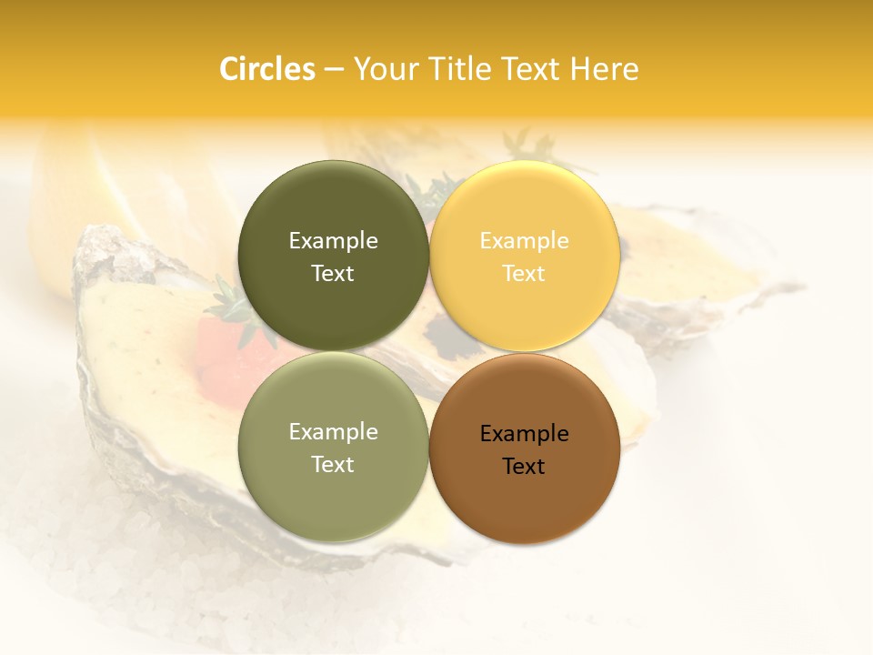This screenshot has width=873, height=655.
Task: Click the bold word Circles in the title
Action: pyautogui.click(x=266, y=69)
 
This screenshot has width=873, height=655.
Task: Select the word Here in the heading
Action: pyautogui.click(x=604, y=69)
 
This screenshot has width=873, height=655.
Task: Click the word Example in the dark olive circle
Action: pyautogui.click(x=333, y=240)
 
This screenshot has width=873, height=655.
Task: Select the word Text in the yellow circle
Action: pyautogui.click(x=524, y=273)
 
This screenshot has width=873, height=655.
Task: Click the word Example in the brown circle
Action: pyautogui.click(x=524, y=433)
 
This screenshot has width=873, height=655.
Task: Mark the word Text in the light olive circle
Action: pyautogui.click(x=333, y=464)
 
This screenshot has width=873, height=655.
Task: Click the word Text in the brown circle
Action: pyautogui.click(x=524, y=466)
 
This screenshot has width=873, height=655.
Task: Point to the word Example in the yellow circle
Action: pyautogui.click(x=524, y=240)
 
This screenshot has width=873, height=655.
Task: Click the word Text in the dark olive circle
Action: pyautogui.click(x=333, y=273)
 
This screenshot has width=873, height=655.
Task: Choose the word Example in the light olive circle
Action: pyautogui.click(x=333, y=431)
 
